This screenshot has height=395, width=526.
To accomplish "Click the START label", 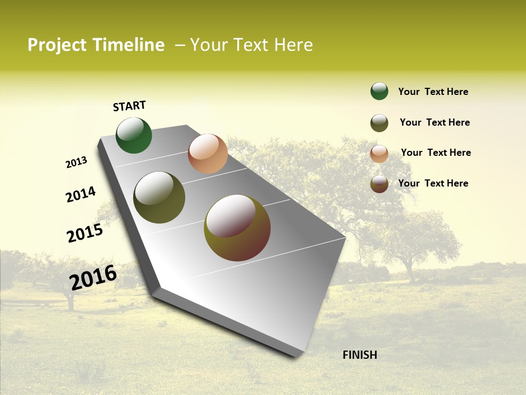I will (129, 106).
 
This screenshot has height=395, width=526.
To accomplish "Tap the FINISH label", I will (359, 355).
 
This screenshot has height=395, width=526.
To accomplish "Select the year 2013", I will (76, 162).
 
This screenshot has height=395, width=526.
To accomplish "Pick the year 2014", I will (81, 194).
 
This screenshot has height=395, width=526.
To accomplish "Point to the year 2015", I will (85, 233).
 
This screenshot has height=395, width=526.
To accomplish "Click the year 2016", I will (93, 277).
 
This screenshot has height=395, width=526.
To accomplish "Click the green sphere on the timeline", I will (134, 136).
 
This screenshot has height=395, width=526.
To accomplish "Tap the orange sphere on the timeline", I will (208, 154).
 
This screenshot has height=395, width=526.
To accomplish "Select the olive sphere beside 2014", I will (159, 198).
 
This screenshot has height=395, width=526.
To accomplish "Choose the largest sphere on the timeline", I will (237, 228).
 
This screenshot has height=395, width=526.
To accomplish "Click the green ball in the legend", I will (379, 91).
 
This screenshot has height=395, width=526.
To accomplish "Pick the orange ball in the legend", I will (379, 154).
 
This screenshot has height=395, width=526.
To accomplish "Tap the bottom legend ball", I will (379, 184).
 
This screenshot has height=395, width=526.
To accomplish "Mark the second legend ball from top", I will (379, 123).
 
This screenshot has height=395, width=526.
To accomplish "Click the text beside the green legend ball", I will (433, 92).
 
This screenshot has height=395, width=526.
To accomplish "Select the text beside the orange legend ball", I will (436, 153).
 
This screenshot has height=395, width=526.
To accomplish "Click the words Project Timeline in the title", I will (96, 45).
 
